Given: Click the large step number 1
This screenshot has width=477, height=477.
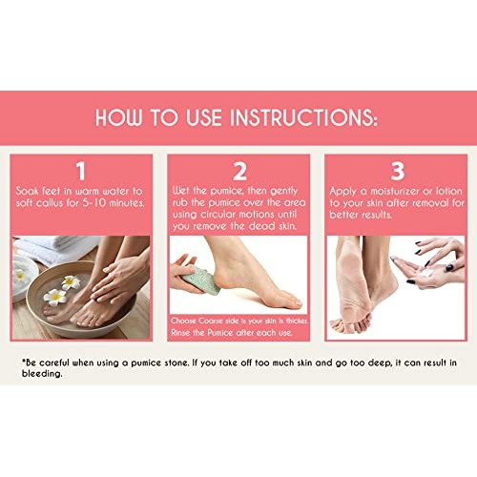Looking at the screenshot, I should [x=80, y=171].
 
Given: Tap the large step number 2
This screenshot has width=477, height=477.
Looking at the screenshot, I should [x=239, y=171].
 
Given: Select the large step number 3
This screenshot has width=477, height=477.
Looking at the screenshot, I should [x=397, y=171].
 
